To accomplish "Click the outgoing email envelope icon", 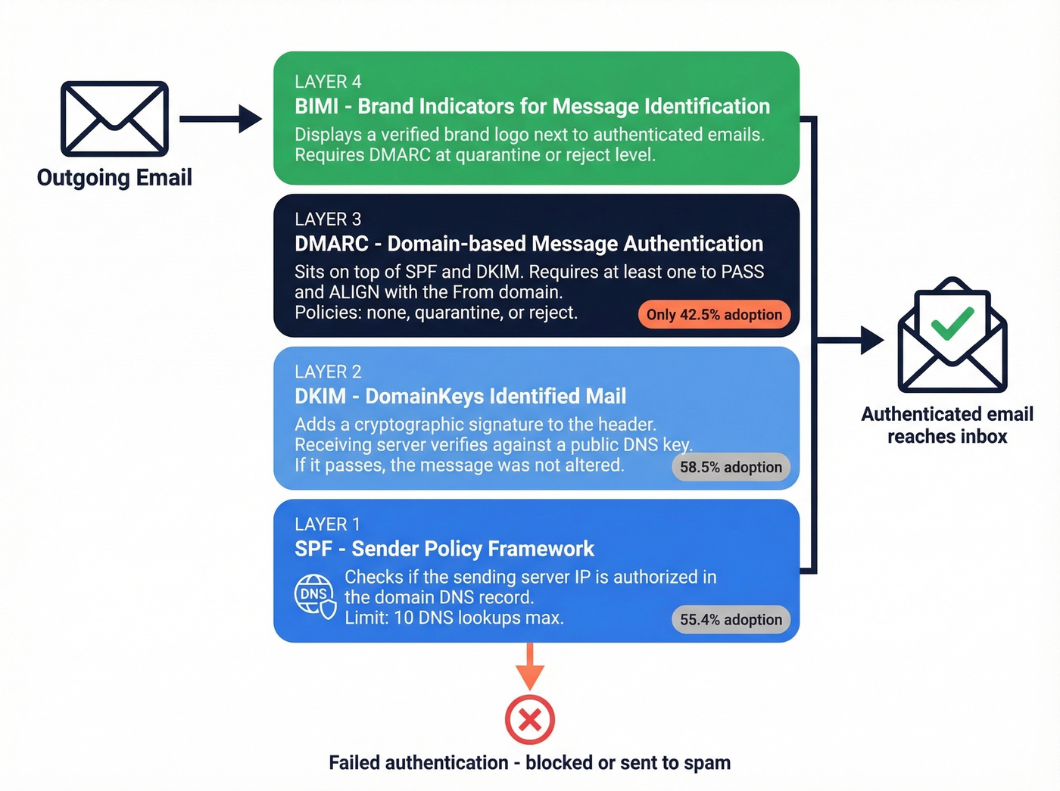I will (x=114, y=119).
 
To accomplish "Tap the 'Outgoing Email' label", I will (x=114, y=178).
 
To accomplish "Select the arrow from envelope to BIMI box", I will (x=220, y=119).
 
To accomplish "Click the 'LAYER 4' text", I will (x=328, y=82).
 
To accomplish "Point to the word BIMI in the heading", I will (x=316, y=107).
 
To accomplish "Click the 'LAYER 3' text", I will (x=328, y=220).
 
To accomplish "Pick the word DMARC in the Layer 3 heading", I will (x=331, y=244).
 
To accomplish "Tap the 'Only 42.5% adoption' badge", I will (x=713, y=315).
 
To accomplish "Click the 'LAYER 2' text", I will (x=328, y=372).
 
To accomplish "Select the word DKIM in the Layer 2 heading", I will (x=320, y=397).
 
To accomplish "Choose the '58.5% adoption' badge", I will (x=731, y=467).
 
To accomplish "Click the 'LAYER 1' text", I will (x=327, y=525).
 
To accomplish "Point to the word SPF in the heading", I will (x=313, y=549).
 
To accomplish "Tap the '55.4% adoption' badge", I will (x=731, y=620).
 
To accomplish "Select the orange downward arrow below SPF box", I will (x=530, y=666).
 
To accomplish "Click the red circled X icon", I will (x=530, y=719).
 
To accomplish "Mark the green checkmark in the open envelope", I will (x=952, y=323).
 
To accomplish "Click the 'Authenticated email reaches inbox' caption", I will (x=947, y=425).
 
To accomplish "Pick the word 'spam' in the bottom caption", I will (x=707, y=763).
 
